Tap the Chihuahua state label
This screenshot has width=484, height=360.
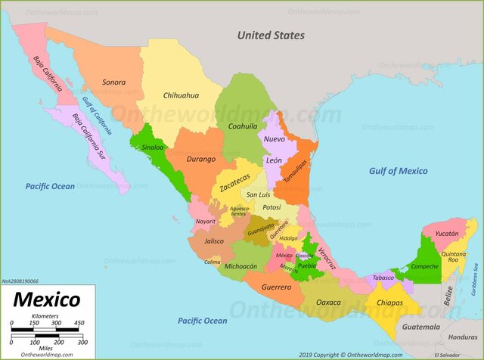tap(181, 96)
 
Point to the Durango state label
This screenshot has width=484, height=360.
tap(201, 159)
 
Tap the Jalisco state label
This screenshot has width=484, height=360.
tap(214, 241)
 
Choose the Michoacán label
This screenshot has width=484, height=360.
tap(241, 266)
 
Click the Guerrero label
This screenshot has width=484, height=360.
tap(276, 287)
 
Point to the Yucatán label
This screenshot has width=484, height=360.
tap(445, 234)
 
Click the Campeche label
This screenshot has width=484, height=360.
tap(425, 266)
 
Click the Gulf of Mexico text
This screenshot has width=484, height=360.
tap(398, 171)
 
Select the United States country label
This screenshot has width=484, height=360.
tap(271, 35)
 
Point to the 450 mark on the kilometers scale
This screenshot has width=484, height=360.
tap(79, 323)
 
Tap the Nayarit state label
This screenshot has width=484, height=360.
tap(205, 221)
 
